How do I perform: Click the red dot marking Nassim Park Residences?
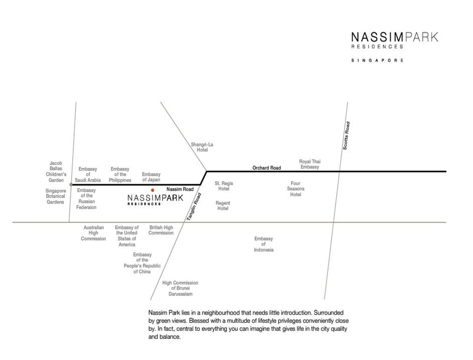coord(152,190)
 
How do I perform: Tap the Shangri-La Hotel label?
coord(202,147)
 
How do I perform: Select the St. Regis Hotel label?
coord(224,186)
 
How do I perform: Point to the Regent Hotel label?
coord(223,206)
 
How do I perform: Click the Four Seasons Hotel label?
coord(295,189)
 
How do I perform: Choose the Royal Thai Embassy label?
coord(309,164)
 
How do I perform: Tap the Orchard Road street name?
coord(266,168)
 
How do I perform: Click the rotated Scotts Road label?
coord(346,136)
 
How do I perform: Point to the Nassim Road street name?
coord(180,189)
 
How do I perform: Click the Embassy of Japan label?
coord(151,177)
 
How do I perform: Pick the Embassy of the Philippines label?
coord(120,175)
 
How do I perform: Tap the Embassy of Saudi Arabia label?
coord(88,175)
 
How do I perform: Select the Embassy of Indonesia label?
coord(263,244)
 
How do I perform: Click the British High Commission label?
coord(161,230)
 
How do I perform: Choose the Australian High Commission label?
coord(93,233)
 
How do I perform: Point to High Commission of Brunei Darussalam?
coord(180,288)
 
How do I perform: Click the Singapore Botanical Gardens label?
coord(56,196)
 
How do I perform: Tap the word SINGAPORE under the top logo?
coord(378,60)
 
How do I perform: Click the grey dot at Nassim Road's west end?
coord(71,185)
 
